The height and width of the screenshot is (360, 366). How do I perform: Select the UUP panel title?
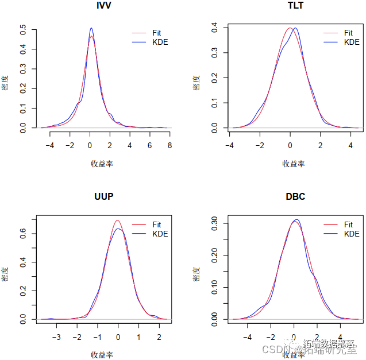pyautogui.click(x=103, y=197)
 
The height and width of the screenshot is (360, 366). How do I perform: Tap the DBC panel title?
pyautogui.click(x=295, y=197)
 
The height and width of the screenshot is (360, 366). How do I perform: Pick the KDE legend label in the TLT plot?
pyautogui.click(x=351, y=42)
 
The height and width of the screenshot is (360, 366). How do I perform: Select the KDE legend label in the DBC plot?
pyautogui.click(x=351, y=234)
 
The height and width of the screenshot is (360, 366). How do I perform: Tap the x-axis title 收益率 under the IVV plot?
pyautogui.click(x=102, y=164)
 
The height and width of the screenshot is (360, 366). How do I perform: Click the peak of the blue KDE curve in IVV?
pyautogui.click(x=91, y=28)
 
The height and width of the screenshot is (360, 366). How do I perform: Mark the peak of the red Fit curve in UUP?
pyautogui.click(x=117, y=220)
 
